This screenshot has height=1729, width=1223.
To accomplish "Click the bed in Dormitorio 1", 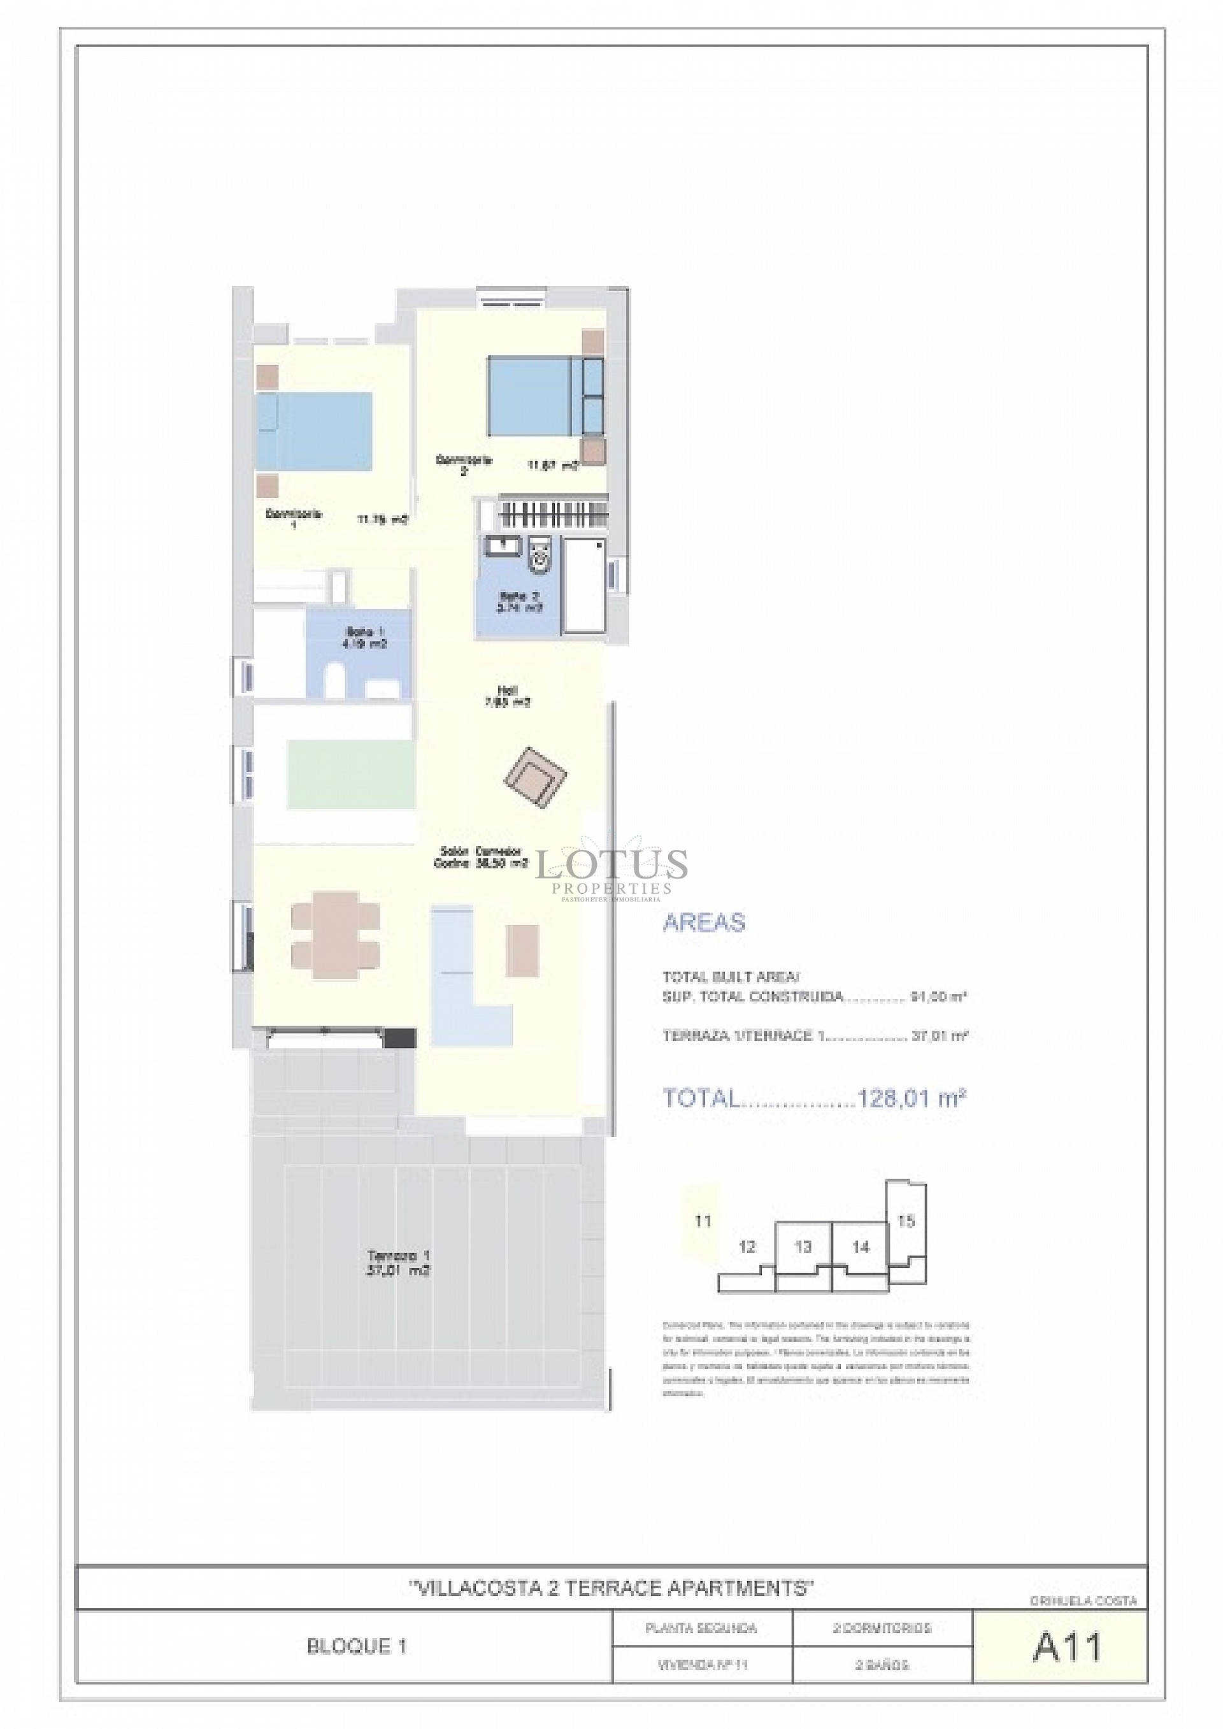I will point(315,431).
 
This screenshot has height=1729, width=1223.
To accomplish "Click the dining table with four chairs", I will point(335,935).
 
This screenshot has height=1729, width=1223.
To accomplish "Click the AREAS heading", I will point(703,922).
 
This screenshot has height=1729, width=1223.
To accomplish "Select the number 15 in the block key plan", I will point(905,1221).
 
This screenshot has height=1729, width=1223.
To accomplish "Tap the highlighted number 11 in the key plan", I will point(703,1221).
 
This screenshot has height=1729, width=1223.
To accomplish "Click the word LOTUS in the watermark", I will point(611,864).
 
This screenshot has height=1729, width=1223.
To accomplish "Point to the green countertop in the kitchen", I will point(351,774).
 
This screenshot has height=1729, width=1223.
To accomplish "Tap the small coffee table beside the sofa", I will point(522,951).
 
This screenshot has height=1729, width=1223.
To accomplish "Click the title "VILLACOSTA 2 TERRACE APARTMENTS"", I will point(611,1588).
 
